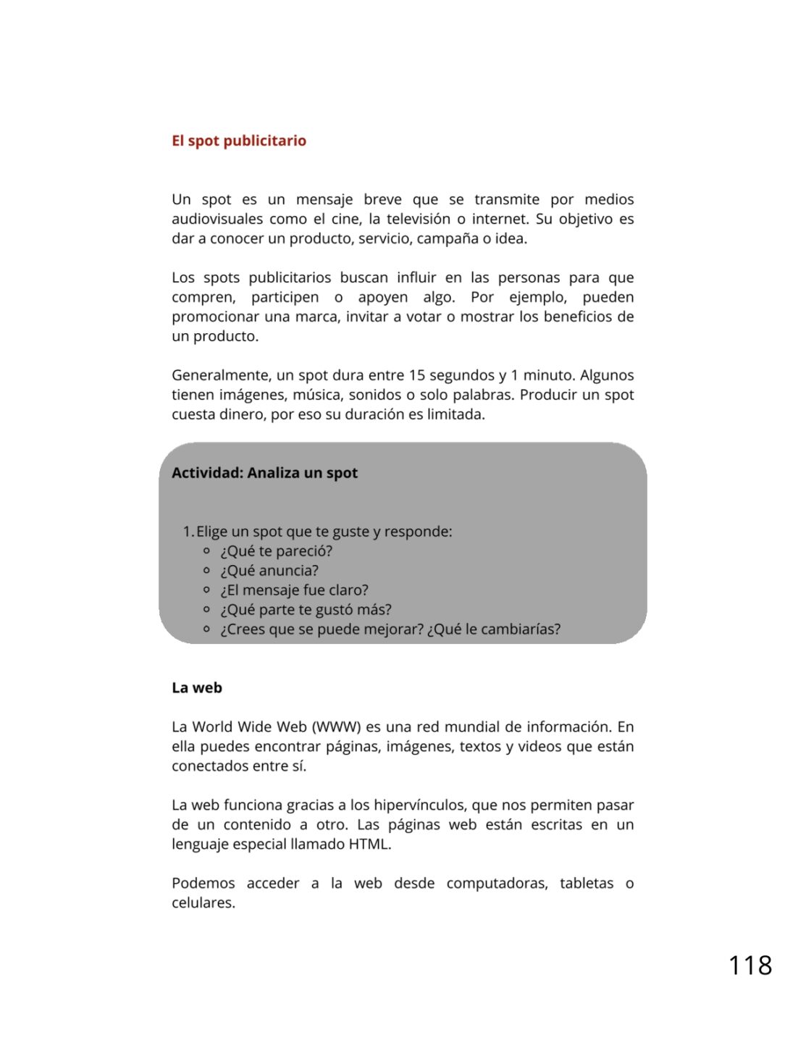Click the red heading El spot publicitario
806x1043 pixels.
coord(239,141)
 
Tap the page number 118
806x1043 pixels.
coord(750,965)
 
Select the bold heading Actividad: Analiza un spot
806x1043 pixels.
coord(264,473)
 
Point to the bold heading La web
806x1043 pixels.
coord(197,688)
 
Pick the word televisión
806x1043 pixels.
coord(418,219)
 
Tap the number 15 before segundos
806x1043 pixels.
coord(416,375)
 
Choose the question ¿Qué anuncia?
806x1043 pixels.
coord(269,571)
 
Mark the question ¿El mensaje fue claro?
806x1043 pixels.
coord(294,590)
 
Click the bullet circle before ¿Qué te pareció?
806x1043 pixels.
coord(206,551)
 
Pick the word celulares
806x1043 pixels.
coord(203,903)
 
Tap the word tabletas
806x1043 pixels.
coord(587,884)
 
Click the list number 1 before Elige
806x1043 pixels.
coord(188,532)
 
